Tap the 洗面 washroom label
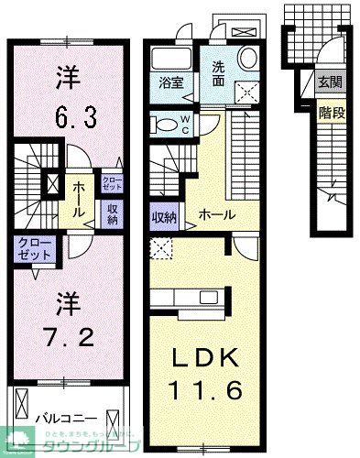219,71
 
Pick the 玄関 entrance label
328,82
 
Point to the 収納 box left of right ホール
164,216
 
